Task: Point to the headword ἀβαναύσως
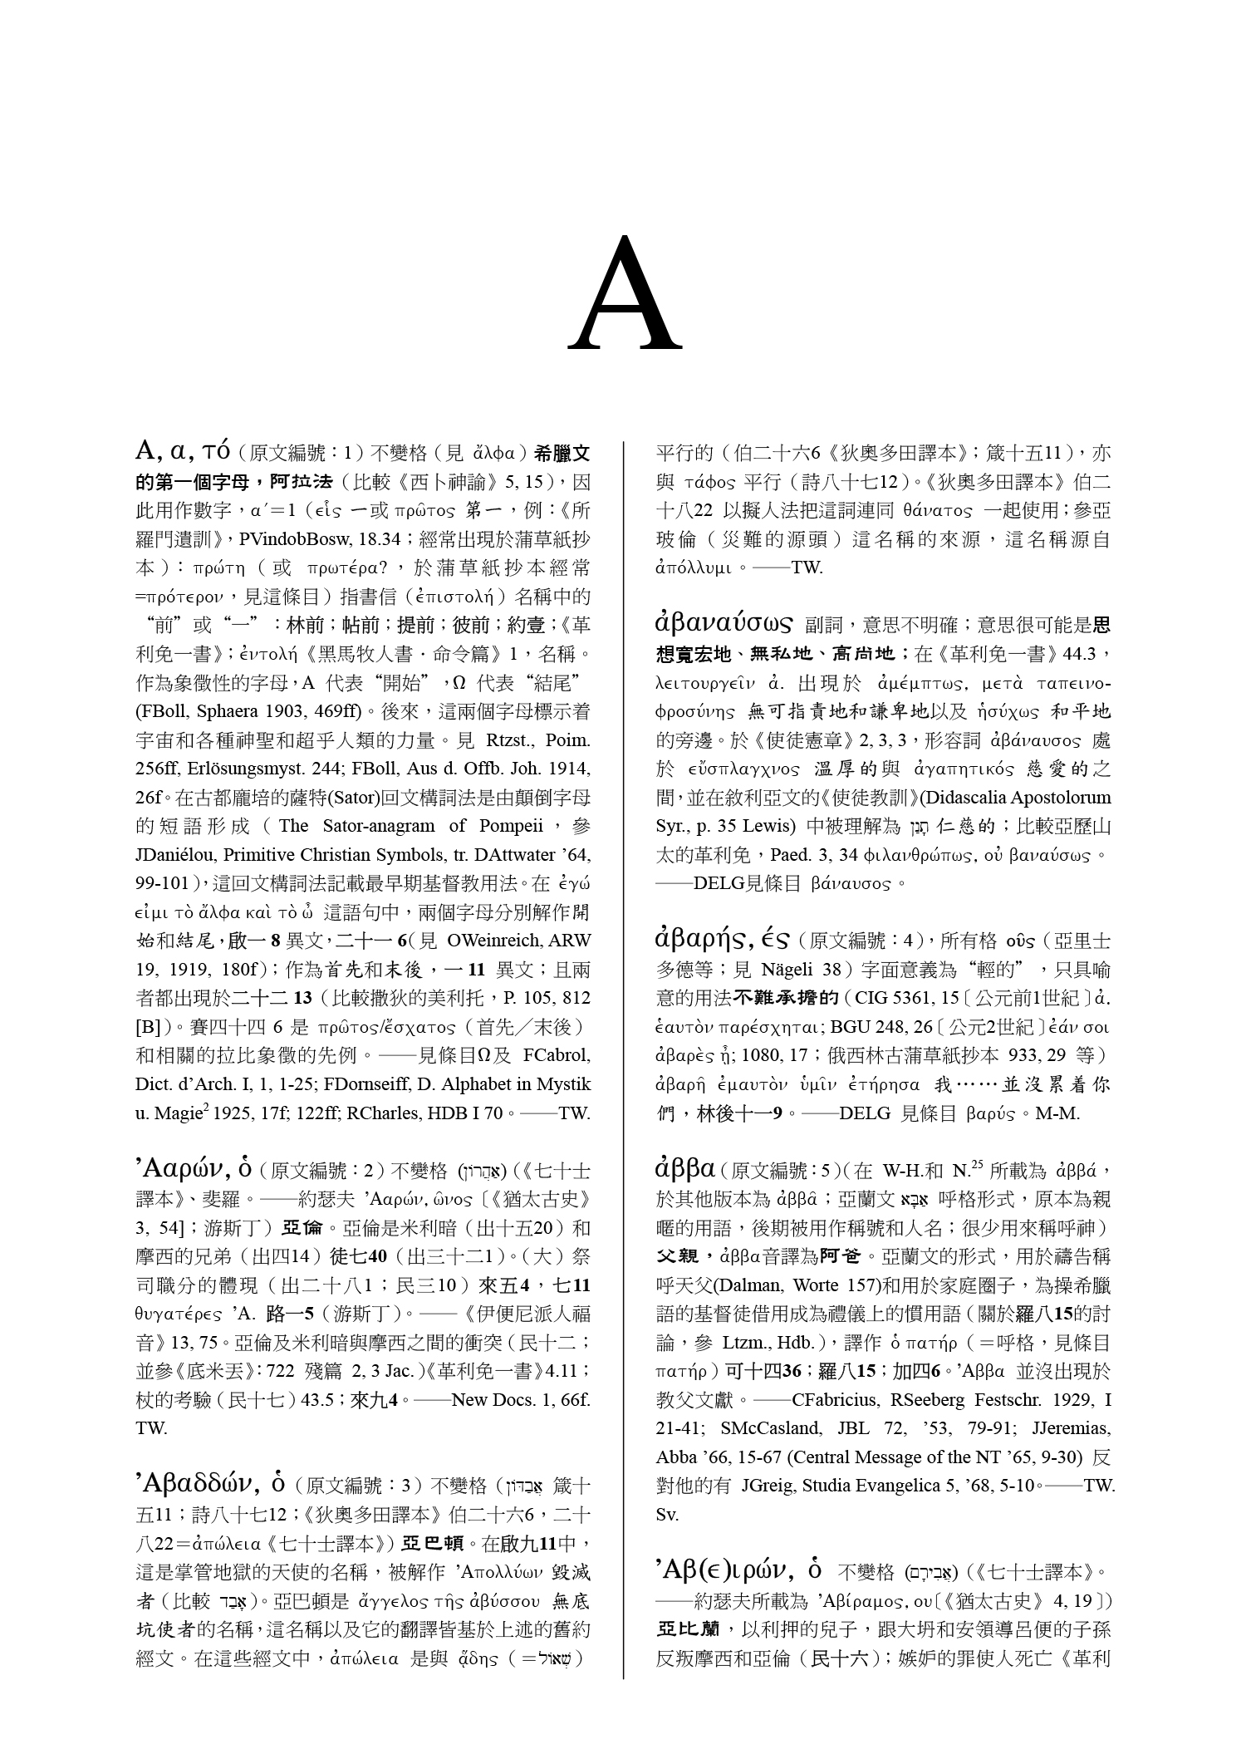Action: [724, 623]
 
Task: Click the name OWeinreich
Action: [496, 941]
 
